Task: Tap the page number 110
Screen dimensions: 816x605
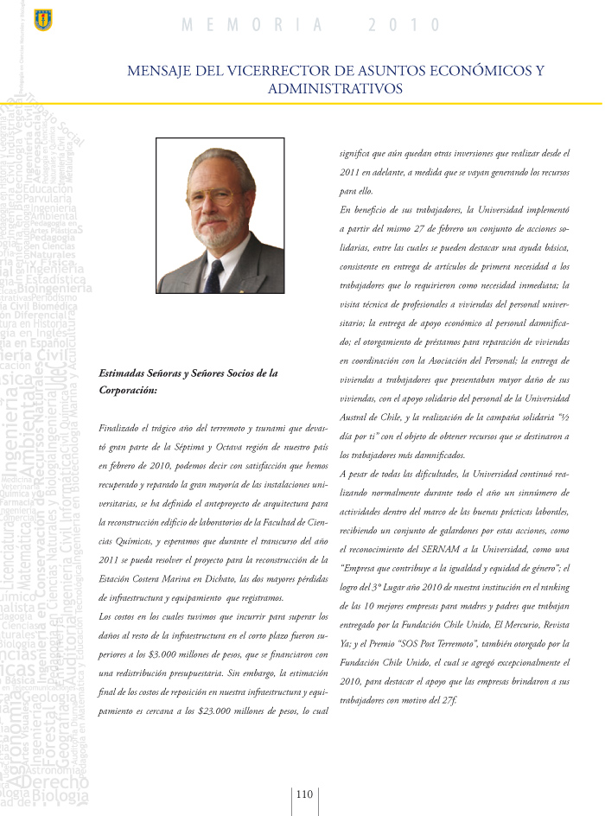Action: pyautogui.click(x=304, y=796)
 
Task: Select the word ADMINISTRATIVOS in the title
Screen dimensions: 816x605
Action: pyautogui.click(x=334, y=88)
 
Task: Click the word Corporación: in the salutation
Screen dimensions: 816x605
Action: pyautogui.click(x=129, y=391)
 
